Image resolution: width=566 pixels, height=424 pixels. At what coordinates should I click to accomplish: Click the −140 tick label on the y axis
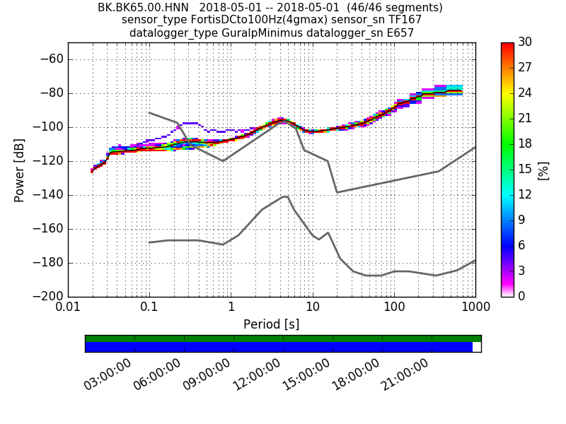pos(47,195)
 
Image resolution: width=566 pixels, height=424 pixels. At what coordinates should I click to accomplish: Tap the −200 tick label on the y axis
pos(47,296)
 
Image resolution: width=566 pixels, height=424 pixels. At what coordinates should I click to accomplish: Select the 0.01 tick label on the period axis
pos(68,308)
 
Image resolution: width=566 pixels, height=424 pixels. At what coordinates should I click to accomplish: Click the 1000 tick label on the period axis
pos(475,308)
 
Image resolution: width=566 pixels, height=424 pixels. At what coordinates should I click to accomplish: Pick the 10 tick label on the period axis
pos(312,308)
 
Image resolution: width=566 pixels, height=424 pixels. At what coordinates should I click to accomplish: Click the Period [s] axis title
pos(271,324)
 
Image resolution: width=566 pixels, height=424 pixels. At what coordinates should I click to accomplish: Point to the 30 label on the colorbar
pos(526,42)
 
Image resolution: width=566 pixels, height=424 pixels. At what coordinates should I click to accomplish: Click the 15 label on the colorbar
pos(526,170)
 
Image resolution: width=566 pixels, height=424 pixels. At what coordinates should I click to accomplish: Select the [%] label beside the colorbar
pos(543,170)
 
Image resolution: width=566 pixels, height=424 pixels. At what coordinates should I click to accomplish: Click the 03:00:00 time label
pos(108,375)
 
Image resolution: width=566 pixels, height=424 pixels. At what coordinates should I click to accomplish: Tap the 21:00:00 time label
pos(405,375)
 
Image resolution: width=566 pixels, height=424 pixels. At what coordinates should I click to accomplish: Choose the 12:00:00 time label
pos(256,375)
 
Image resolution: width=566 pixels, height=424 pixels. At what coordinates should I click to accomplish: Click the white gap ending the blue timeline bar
pos(476,347)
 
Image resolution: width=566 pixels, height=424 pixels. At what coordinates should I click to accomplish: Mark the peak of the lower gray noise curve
pos(286,196)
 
